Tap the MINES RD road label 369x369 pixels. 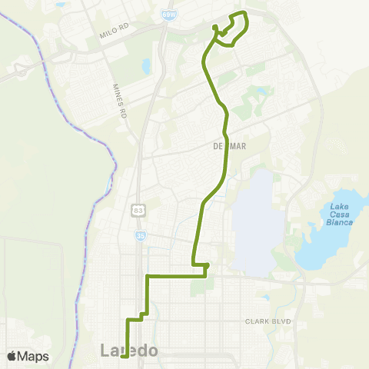point(118,101)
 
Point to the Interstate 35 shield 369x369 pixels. point(140,236)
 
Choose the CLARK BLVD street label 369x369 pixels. point(269,321)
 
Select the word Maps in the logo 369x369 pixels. point(34,356)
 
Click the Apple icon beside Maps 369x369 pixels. point(12,356)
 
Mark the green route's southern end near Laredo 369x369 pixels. point(124,356)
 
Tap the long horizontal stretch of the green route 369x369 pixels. point(175,275)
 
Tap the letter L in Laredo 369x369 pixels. point(106,351)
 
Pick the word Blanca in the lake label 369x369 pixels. point(340,222)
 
